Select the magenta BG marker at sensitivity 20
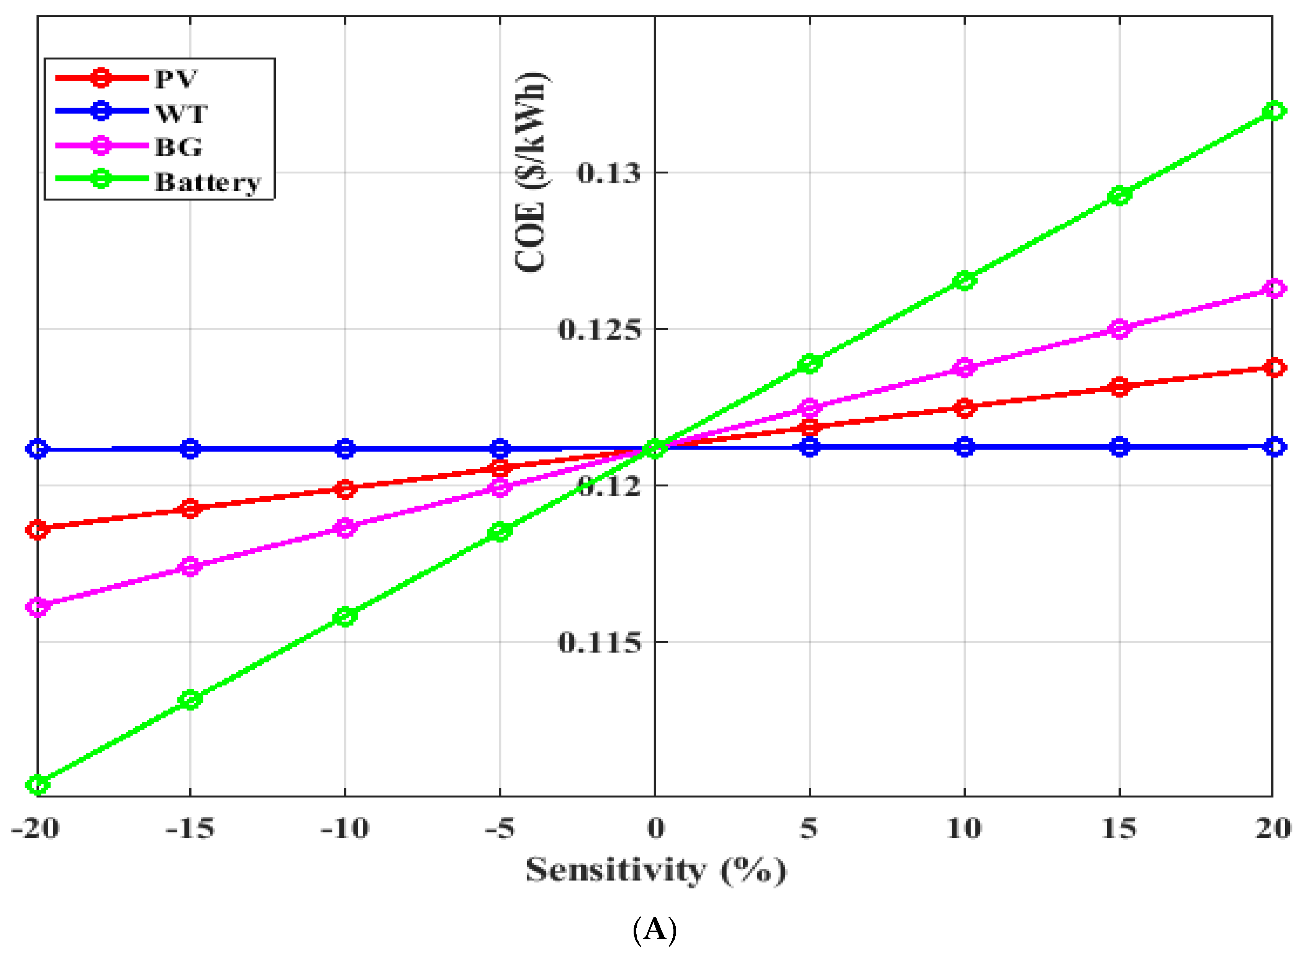click(1273, 288)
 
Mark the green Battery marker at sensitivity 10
click(964, 280)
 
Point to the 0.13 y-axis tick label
click(609, 173)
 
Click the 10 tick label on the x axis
click(964, 828)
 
